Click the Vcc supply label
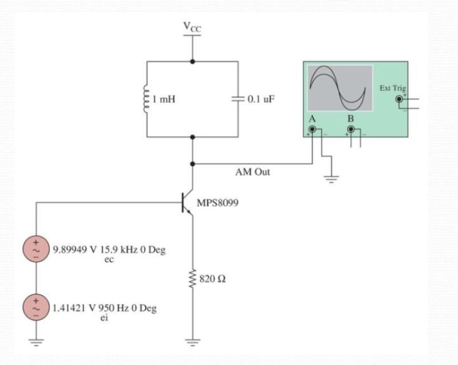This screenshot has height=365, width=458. coord(192,27)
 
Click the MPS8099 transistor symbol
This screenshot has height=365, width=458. coord(186,204)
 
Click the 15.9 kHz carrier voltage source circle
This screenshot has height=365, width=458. coord(37,251)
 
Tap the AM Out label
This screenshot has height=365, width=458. coord(252,172)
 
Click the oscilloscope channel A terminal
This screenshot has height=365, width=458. coord(312,130)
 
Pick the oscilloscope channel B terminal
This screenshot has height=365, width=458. coord(351,130)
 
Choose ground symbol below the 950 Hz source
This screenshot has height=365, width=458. coord(37,342)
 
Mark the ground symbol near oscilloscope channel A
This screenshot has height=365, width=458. coord(331,178)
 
